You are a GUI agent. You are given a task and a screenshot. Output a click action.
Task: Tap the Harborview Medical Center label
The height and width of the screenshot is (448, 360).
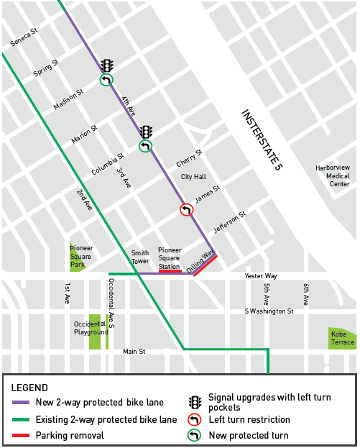pos(333,175)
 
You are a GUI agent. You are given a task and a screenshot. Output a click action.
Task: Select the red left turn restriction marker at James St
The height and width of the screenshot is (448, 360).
pos(186,210)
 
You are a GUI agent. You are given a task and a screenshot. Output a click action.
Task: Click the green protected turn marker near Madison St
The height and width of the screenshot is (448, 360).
pos(106,80)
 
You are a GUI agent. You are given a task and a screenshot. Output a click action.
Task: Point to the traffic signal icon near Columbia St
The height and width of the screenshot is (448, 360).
pos(146,132)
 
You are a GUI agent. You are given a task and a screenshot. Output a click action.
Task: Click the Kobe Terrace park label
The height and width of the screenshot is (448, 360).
pos(342,338)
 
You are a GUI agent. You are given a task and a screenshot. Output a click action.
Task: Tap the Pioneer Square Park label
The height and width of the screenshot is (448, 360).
pos(82,257)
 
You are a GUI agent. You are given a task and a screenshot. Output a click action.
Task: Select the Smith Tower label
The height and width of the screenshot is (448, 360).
pos(139,257)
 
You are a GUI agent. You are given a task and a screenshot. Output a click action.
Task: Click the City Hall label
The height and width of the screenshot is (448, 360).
pos(193,176)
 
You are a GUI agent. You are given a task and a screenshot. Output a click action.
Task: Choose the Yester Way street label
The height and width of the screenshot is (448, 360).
pos(261,275)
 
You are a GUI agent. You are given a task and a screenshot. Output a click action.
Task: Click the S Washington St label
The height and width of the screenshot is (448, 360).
pos(269,311)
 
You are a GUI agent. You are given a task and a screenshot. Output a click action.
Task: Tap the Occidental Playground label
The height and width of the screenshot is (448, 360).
pos(91,328)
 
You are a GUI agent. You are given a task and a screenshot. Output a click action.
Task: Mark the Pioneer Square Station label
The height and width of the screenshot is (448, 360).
pos(170,257)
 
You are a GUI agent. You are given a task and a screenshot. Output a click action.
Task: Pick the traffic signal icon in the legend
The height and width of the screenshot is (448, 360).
pos(194,402)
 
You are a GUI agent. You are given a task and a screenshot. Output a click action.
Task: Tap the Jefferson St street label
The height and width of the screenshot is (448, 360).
pos(230,222)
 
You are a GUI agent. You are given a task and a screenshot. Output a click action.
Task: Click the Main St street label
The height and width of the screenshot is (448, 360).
pos(134,351)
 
